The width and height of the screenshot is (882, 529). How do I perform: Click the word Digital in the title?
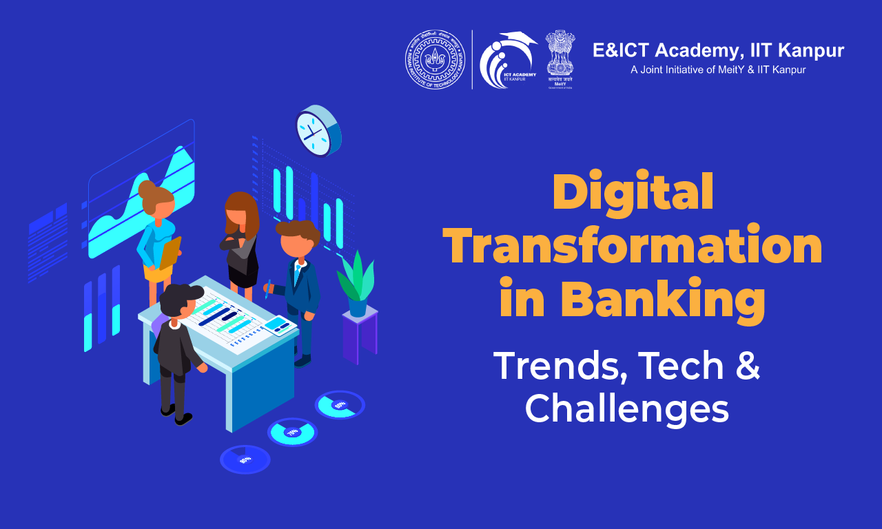point(633,194)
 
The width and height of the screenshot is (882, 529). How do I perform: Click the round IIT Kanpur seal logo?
point(435,59)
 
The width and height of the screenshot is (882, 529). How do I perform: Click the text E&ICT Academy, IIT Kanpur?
point(718,51)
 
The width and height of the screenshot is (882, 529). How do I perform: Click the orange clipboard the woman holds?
point(170,253)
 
